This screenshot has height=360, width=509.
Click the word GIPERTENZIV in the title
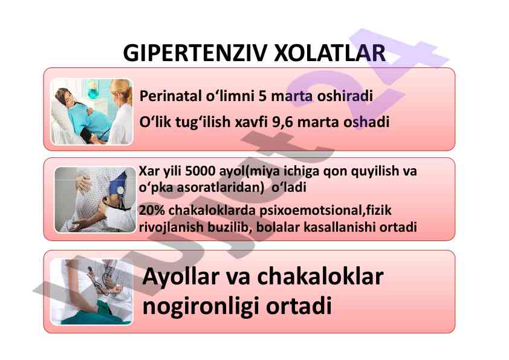pos(195,53)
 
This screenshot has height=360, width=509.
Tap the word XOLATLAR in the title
pos(330,53)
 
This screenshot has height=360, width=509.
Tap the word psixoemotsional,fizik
pos(325,211)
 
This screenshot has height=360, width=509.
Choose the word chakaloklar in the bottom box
pos(320,277)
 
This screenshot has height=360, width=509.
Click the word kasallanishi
pos(339,227)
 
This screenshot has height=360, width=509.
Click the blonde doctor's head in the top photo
pos(121,90)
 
